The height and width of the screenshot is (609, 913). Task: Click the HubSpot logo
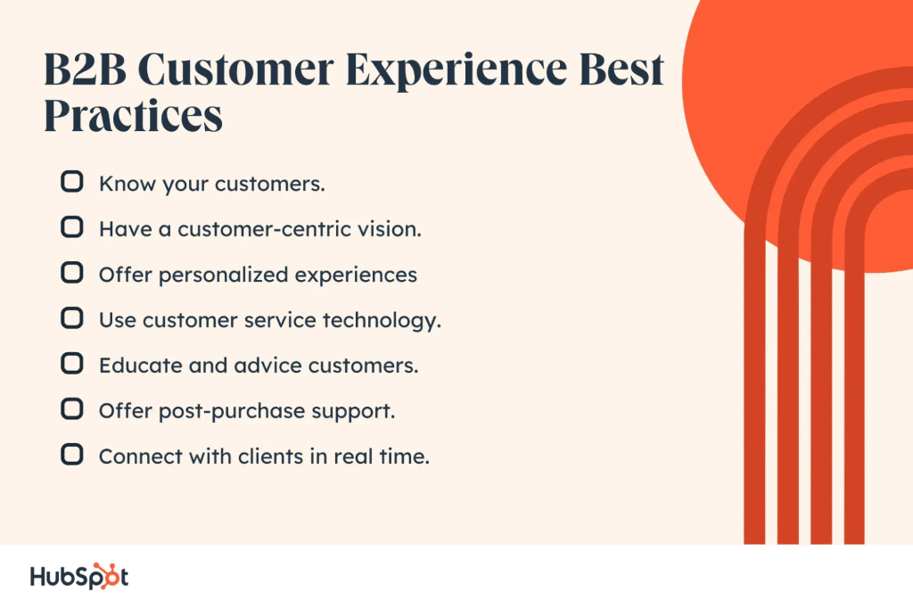click(x=78, y=577)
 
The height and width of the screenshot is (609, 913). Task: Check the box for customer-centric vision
click(x=71, y=228)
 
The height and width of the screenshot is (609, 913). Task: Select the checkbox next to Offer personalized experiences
click(x=71, y=274)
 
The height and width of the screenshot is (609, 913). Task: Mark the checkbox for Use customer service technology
click(x=71, y=319)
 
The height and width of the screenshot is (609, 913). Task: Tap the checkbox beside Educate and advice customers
click(x=71, y=365)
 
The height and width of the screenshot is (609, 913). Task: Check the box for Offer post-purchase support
click(x=71, y=410)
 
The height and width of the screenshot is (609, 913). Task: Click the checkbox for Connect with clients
click(x=71, y=456)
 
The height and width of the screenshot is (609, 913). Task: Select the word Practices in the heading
click(x=134, y=117)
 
